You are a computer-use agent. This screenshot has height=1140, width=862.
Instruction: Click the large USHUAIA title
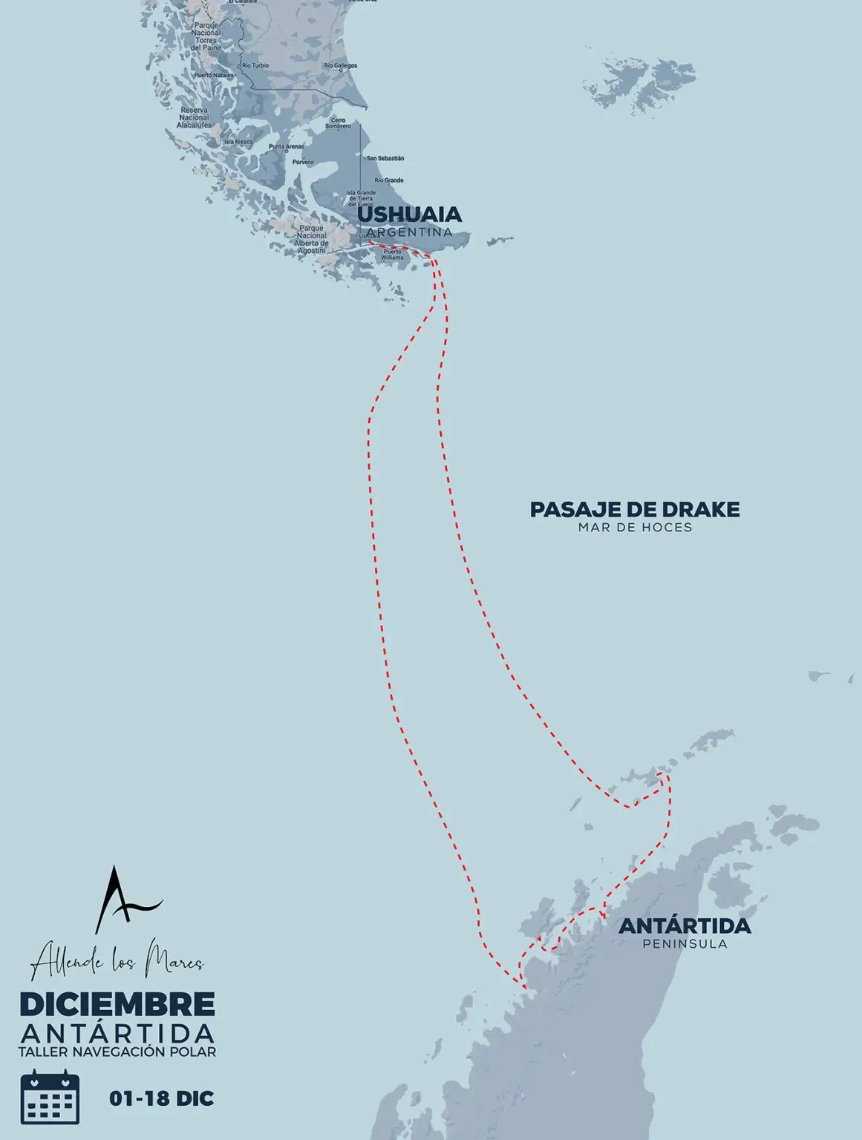(409, 214)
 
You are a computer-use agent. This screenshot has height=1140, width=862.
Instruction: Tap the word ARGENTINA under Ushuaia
(409, 232)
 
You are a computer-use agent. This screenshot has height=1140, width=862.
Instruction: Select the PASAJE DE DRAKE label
(635, 510)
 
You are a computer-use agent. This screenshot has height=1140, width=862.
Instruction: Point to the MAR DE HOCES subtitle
(635, 528)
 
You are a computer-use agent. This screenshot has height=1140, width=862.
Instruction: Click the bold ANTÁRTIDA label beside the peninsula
(685, 926)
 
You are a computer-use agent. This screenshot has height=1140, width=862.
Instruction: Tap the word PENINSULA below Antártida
(685, 944)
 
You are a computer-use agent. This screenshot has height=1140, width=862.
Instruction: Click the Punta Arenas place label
(286, 147)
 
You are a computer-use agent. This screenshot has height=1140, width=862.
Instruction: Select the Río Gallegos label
(341, 66)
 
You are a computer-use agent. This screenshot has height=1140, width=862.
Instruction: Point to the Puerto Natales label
(214, 75)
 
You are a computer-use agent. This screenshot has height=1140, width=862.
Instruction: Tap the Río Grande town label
(389, 180)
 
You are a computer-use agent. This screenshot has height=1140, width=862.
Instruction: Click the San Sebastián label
(385, 158)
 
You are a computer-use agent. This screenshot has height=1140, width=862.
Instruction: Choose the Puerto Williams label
(393, 255)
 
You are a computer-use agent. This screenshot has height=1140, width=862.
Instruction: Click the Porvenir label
(303, 162)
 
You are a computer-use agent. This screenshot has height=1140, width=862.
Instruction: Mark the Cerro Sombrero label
(338, 123)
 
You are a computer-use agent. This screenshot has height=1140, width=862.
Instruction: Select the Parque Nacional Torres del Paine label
(206, 36)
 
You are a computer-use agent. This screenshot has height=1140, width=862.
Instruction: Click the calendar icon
(50, 1097)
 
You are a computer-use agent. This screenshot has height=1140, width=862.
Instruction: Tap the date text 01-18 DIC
(161, 1098)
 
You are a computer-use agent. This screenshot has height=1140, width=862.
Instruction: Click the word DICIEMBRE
(117, 1004)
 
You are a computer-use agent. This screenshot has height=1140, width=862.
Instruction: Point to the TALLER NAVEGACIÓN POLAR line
(117, 1052)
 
